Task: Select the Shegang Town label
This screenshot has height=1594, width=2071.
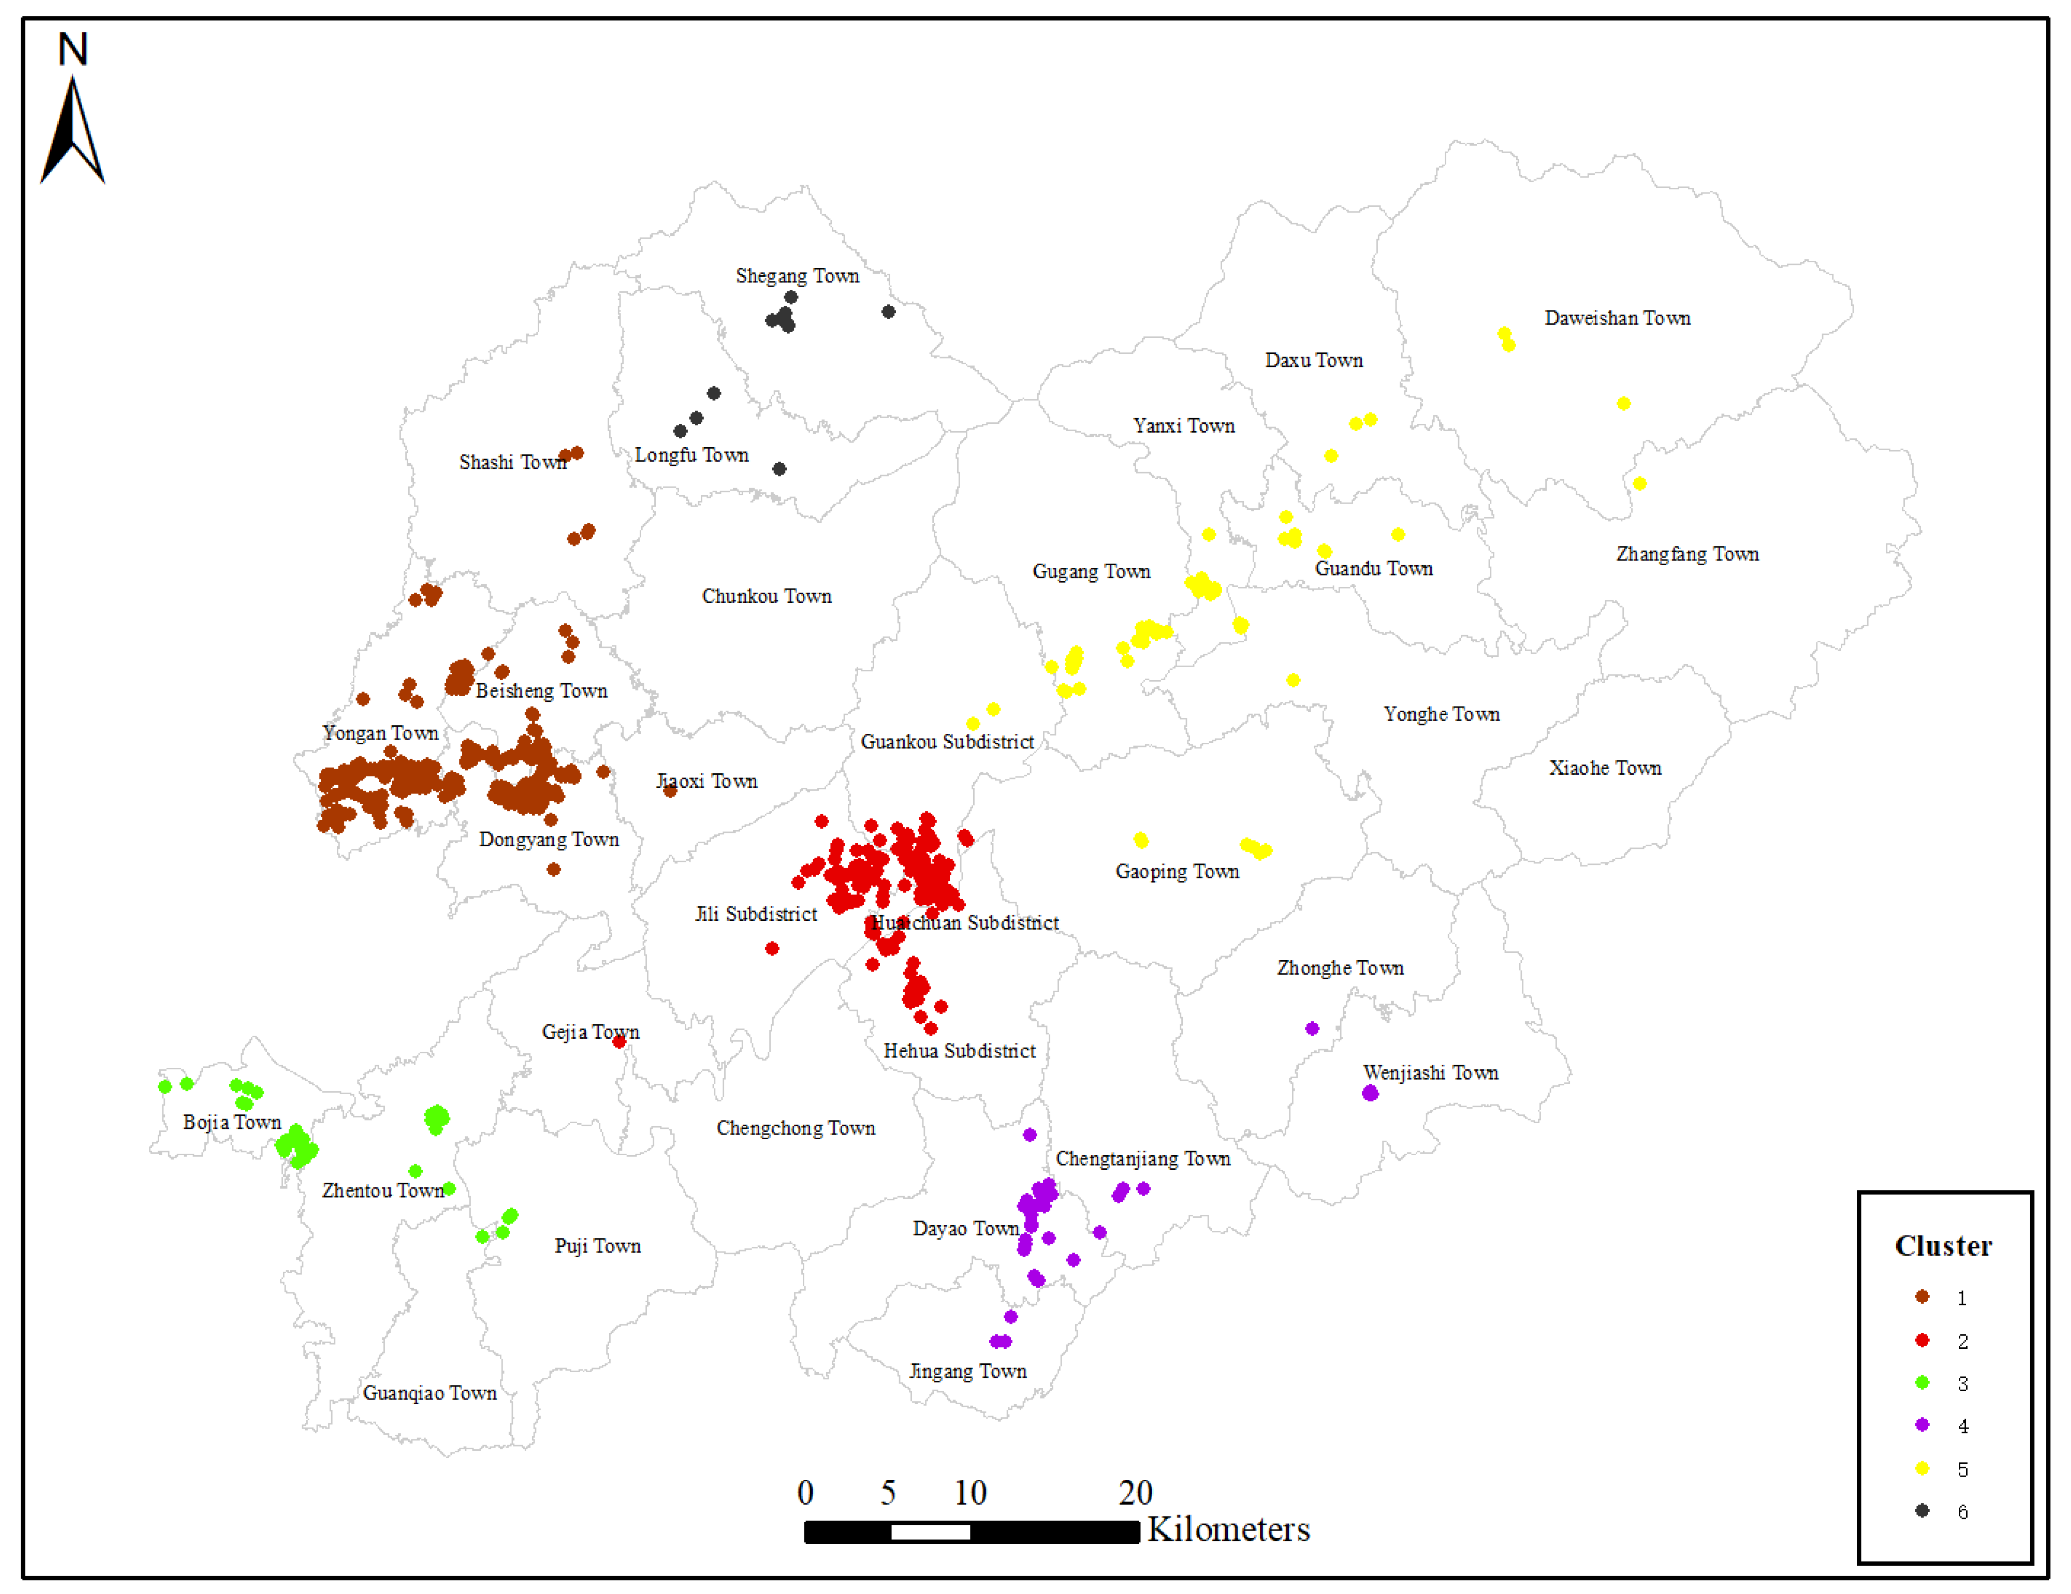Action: (798, 276)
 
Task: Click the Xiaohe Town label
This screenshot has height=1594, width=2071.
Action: (1605, 768)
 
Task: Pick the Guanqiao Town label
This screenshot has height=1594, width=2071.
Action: (430, 1393)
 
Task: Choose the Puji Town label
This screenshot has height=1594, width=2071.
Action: (597, 1246)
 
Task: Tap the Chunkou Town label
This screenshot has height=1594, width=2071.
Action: (766, 597)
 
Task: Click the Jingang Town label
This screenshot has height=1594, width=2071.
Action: (967, 1371)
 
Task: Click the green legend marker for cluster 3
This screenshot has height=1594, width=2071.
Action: (1922, 1383)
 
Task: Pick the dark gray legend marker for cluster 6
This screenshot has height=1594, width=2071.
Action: (1922, 1510)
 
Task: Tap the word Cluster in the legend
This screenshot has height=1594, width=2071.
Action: (1943, 1246)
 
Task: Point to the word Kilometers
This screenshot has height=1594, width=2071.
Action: (1228, 1530)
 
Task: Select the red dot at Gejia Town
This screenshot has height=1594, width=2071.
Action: (619, 1042)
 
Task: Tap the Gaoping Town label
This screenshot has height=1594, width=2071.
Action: (1177, 871)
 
